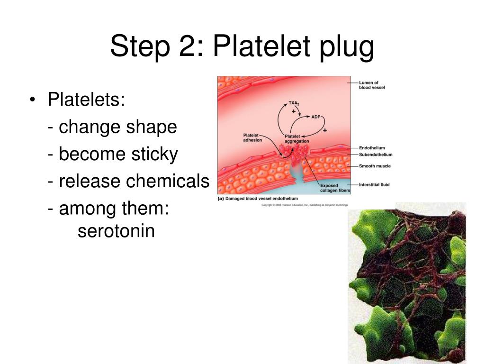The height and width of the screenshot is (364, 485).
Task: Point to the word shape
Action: coord(152,127)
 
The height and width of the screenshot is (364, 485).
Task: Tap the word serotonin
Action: coord(117,231)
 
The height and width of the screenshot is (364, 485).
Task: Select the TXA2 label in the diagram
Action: coord(295,103)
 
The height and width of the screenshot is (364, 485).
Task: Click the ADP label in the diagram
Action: coord(316,116)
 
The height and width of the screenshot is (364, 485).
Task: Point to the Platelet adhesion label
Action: coord(252,137)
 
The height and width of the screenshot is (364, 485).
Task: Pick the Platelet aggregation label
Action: coord(297,139)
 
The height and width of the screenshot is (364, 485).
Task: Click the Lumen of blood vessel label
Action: coord(372,85)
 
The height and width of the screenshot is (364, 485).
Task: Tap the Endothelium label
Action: coord(372,148)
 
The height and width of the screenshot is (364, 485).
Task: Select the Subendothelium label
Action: coord(376,155)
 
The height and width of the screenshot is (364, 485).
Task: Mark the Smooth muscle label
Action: coord(375,166)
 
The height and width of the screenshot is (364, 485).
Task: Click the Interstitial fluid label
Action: coord(374,184)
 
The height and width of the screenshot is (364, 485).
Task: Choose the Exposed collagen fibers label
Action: coord(335,188)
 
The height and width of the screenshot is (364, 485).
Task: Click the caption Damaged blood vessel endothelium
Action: coord(261,199)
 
